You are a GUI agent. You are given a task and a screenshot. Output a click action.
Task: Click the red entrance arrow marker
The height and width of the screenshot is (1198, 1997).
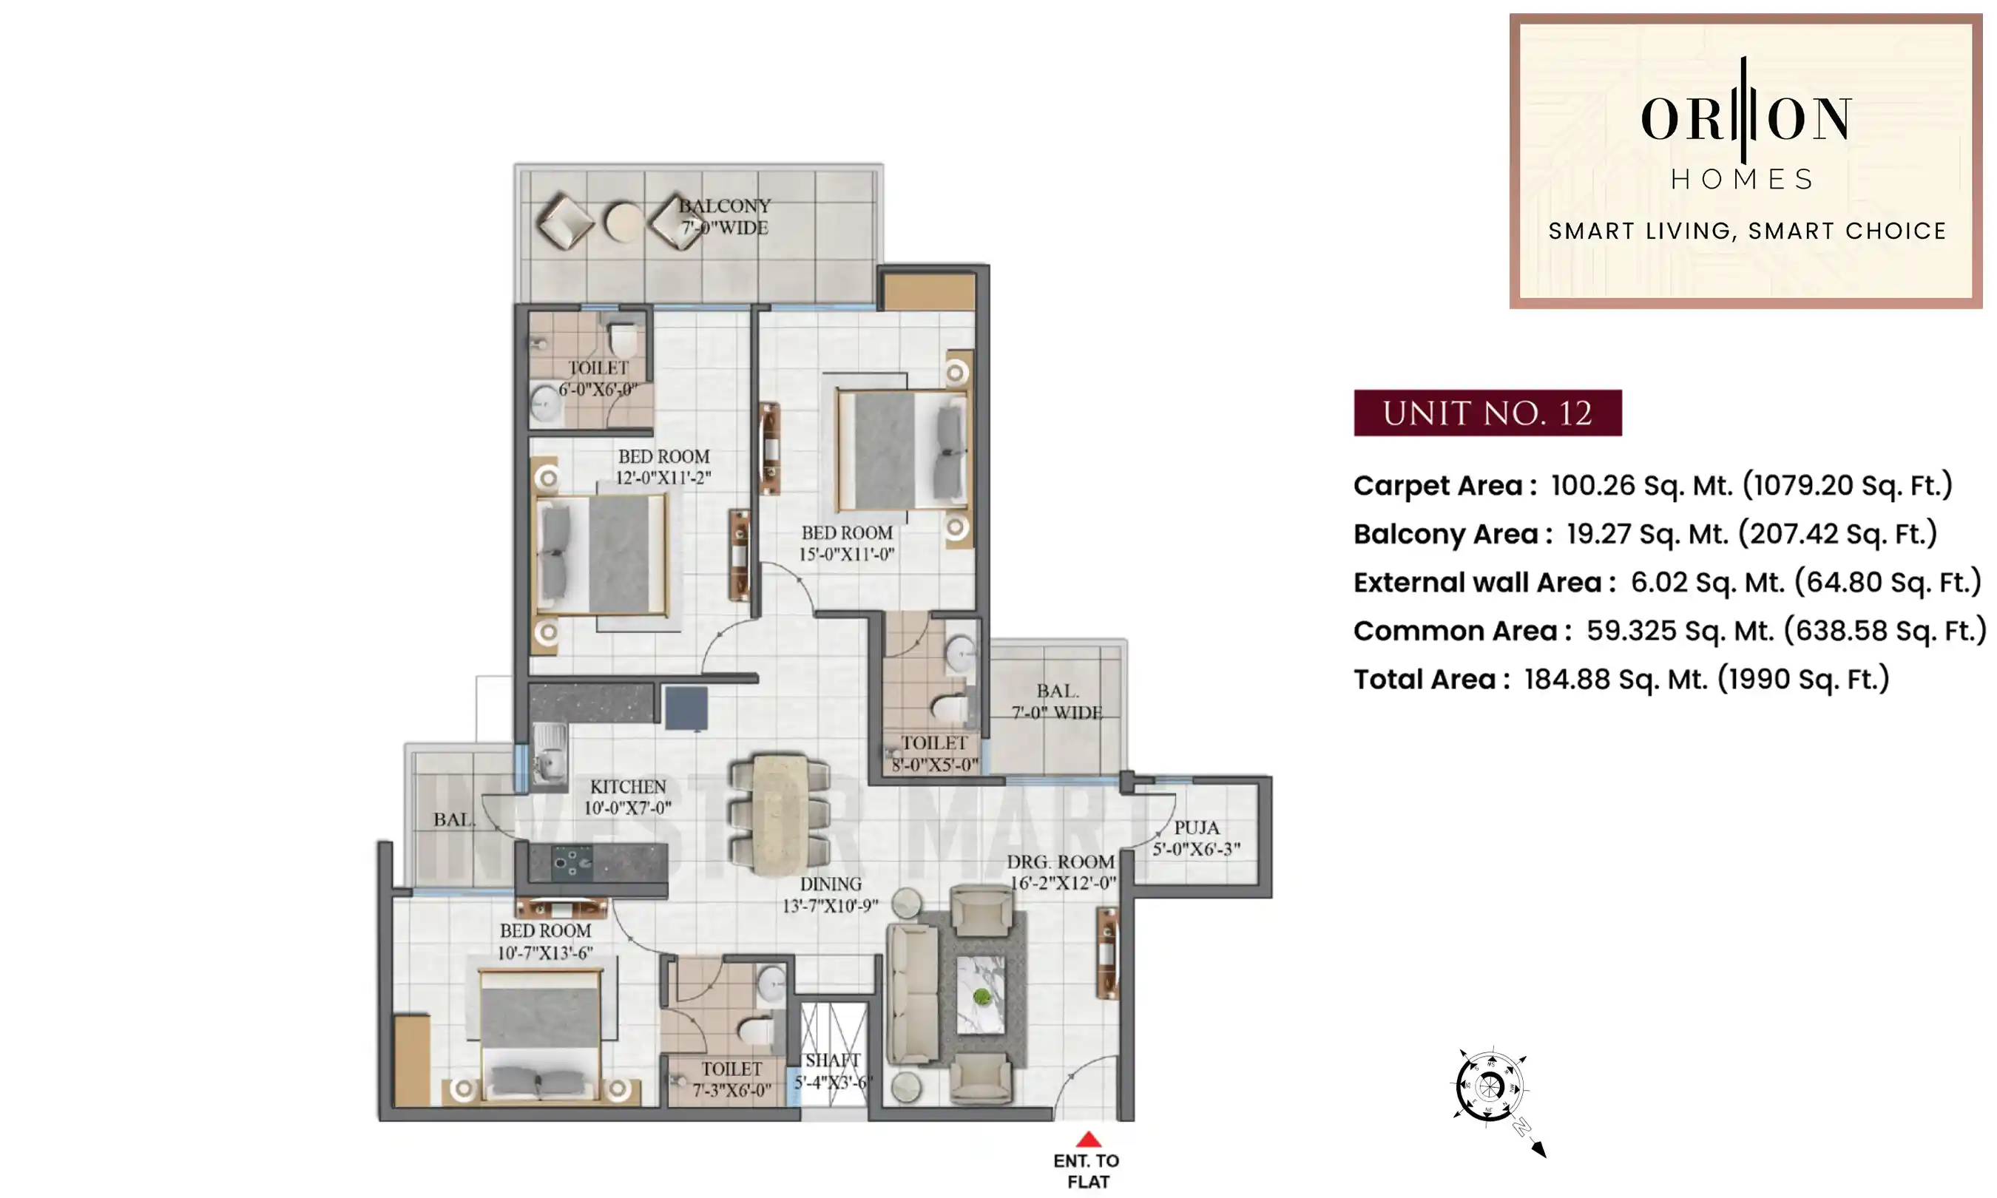pyautogui.click(x=1088, y=1139)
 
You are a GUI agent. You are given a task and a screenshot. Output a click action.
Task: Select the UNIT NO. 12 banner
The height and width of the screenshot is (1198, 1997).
pyautogui.click(x=1487, y=413)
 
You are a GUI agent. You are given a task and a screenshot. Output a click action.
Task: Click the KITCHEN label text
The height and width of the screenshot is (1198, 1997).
pyautogui.click(x=628, y=787)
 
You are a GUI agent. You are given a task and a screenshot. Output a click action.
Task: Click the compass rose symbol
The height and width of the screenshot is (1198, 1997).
pyautogui.click(x=1490, y=1086)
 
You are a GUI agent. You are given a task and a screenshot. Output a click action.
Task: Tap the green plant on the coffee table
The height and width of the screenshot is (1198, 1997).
pyautogui.click(x=981, y=996)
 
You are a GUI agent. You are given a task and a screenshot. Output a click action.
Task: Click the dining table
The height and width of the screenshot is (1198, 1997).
pyautogui.click(x=778, y=813)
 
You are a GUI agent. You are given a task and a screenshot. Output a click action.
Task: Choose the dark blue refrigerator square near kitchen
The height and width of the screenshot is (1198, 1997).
pyautogui.click(x=686, y=708)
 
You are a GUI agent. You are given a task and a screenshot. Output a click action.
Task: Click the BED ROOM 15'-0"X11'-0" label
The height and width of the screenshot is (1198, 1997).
pyautogui.click(x=847, y=544)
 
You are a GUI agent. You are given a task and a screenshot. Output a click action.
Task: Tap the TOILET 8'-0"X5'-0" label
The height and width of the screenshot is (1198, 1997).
pyautogui.click(x=934, y=754)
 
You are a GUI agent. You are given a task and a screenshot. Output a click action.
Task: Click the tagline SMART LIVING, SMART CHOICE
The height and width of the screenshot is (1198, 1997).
pyautogui.click(x=1747, y=231)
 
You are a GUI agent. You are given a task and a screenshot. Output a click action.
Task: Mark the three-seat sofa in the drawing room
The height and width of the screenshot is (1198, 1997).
pyautogui.click(x=913, y=994)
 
